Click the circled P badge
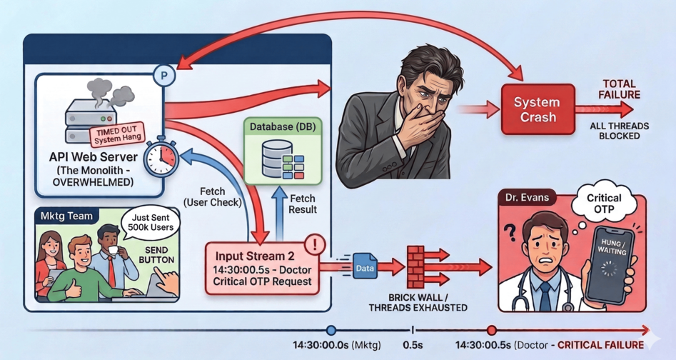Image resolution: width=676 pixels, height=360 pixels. [164, 74]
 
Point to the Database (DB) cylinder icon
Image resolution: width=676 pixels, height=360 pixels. [272, 156]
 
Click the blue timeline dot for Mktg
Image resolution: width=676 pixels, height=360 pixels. [331, 330]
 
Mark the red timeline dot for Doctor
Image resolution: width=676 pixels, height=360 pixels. [491, 330]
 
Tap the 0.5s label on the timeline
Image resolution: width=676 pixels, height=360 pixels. [413, 345]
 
